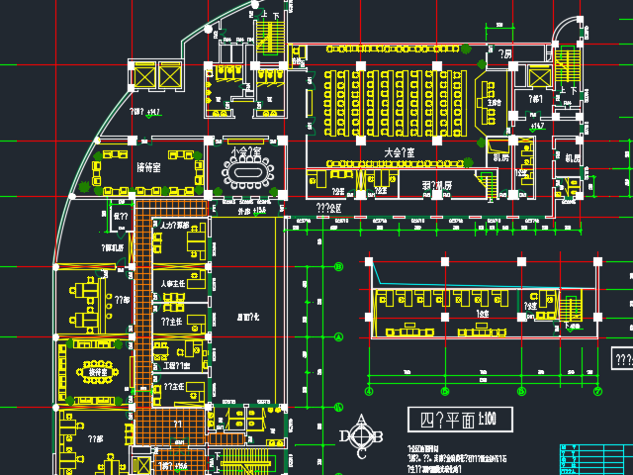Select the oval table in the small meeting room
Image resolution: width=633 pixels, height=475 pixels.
pyautogui.click(x=244, y=174)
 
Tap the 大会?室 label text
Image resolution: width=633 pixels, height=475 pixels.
pyautogui.click(x=399, y=152)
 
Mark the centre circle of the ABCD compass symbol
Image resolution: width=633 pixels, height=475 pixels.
pyautogui.click(x=364, y=435)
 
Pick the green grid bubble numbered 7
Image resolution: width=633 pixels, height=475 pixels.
pyautogui.click(x=597, y=390)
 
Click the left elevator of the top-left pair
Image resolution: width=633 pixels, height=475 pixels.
pyautogui.click(x=143, y=75)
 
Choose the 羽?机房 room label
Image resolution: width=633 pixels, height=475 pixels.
pyautogui.click(x=436, y=185)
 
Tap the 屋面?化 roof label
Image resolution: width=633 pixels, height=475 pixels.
pyautogui.click(x=248, y=316)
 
